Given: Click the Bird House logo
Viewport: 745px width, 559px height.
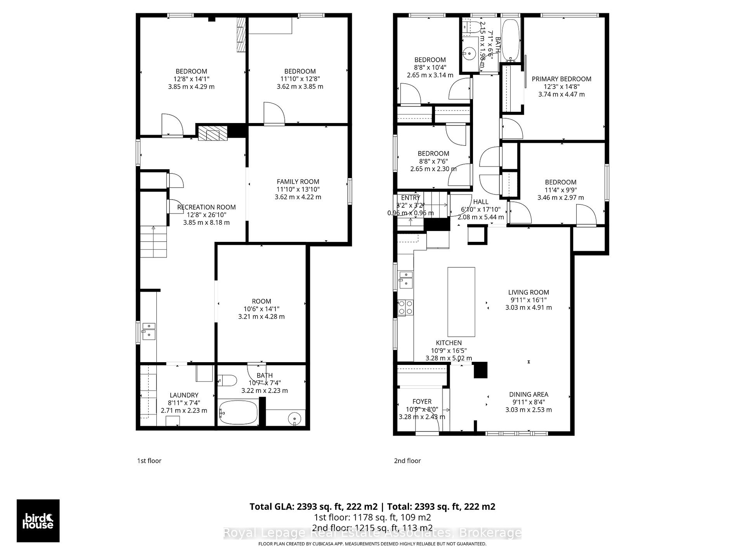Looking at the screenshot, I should click(x=38, y=521).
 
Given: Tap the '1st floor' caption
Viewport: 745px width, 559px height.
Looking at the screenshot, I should click(x=149, y=461).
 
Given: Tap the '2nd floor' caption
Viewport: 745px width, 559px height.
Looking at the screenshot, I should click(x=407, y=461).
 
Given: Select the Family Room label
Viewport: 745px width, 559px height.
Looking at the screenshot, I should click(x=298, y=182).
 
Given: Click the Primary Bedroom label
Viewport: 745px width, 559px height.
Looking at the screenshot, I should click(x=561, y=79).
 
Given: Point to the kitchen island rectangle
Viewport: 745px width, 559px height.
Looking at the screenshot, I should click(x=461, y=302).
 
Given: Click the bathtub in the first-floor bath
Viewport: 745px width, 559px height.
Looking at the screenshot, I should click(x=238, y=413).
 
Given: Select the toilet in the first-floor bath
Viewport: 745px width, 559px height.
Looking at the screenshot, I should click(x=227, y=380).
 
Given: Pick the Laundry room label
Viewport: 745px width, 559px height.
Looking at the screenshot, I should click(x=184, y=395).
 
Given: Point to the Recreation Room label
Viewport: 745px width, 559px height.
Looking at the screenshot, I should click(x=206, y=207).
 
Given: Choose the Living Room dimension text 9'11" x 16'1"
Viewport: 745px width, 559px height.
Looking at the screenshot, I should click(x=528, y=300).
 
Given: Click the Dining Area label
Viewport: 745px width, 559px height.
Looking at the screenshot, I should click(x=528, y=394).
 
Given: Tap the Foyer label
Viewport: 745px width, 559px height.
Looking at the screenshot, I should click(x=422, y=401).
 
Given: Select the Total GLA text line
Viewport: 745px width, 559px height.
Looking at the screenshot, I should click(x=372, y=507).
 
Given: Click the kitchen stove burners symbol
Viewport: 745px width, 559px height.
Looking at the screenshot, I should click(x=405, y=307).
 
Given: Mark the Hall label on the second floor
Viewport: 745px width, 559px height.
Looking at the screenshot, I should click(x=481, y=202).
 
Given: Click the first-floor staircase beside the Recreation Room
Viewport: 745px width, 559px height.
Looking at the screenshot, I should click(x=154, y=242).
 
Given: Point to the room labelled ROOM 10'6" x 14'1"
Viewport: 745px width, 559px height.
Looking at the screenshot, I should click(x=261, y=301).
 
